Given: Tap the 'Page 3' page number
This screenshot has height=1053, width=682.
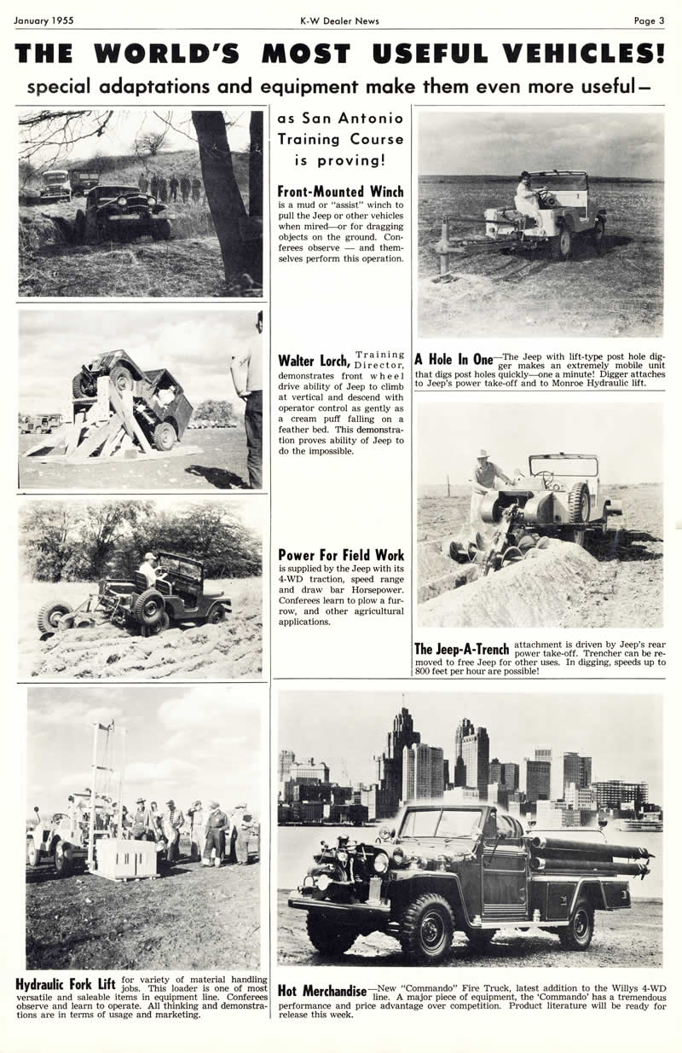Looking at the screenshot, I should (x=649, y=20).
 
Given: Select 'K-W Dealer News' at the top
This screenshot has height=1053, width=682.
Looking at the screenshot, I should (x=339, y=20).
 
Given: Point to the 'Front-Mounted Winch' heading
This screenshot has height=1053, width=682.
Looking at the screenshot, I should (x=341, y=192).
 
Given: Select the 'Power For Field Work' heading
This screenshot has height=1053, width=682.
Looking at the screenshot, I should (x=341, y=555).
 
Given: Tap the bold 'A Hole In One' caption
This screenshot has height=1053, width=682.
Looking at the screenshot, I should (x=454, y=359).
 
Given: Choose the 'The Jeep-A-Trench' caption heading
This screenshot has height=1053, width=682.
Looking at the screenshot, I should (x=461, y=650).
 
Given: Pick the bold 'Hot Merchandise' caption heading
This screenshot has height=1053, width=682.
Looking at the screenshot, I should (x=322, y=991).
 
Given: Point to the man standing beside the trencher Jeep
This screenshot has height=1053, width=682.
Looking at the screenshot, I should (x=487, y=482).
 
